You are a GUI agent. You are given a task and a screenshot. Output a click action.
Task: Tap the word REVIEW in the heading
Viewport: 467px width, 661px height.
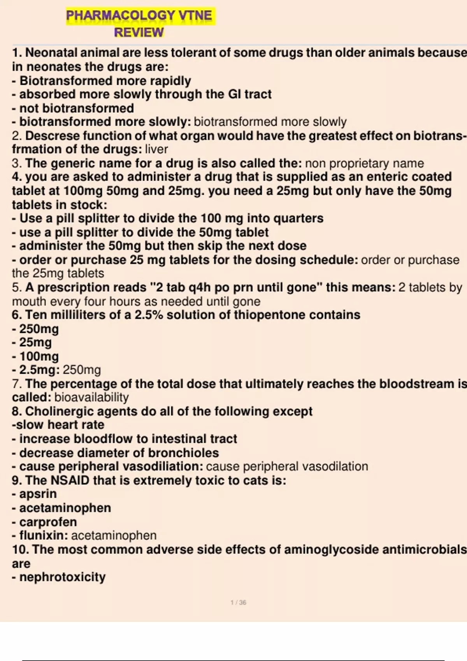(x=139, y=32)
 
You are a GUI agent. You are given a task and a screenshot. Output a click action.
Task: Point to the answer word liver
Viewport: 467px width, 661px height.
(x=156, y=149)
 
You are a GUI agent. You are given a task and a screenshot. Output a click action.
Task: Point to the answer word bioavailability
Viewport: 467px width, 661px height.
(x=91, y=397)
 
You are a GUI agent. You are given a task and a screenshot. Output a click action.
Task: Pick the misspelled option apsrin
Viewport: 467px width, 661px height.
(x=38, y=494)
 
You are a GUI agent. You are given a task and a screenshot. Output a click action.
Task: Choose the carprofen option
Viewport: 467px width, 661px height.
(x=48, y=522)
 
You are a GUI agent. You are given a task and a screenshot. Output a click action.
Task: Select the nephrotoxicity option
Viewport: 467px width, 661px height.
(x=62, y=577)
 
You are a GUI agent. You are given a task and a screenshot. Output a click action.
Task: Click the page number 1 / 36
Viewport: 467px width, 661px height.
(x=238, y=603)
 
